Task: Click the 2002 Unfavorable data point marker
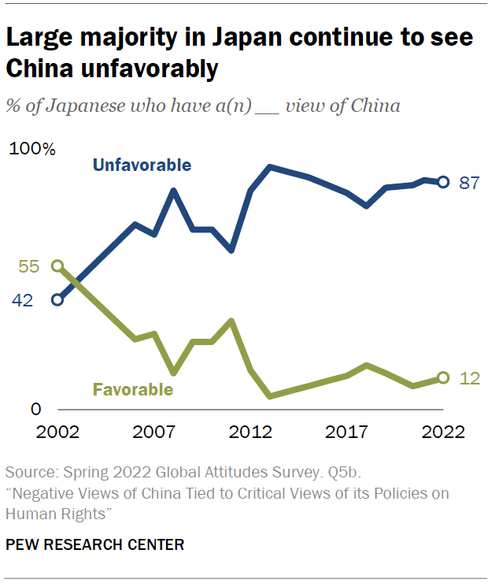click(x=57, y=299)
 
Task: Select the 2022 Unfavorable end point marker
click(x=443, y=182)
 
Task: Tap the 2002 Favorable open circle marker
click(x=57, y=266)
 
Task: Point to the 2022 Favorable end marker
click(x=443, y=378)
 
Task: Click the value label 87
click(x=469, y=183)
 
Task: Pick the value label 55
click(x=29, y=266)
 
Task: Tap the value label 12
click(x=469, y=378)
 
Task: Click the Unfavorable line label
click(x=142, y=165)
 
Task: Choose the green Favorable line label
click(x=132, y=389)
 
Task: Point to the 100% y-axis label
click(x=31, y=150)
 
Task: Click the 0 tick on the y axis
click(x=35, y=410)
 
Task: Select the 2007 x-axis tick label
click(x=154, y=432)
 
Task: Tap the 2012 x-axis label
click(x=250, y=432)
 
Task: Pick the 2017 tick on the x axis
click(x=347, y=432)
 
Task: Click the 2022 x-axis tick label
click(x=442, y=432)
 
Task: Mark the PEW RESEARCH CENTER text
click(x=95, y=544)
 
